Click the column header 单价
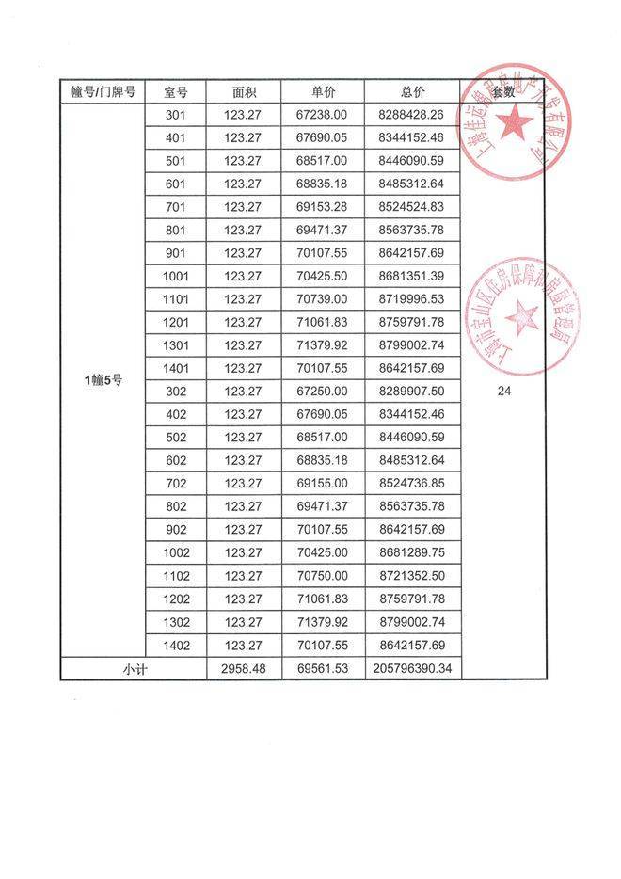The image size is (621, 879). pos(324,91)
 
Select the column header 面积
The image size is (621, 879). pos(245,91)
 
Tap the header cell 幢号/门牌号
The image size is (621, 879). pos(103,91)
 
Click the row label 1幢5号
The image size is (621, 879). pos(103,380)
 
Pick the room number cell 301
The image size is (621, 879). pos(175,114)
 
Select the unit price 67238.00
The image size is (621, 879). pos(322,114)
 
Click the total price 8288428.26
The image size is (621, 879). pos(411,114)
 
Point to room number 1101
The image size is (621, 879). pos(175,299)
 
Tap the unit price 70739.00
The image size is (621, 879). pos(322,299)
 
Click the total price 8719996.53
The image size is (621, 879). pos(411,299)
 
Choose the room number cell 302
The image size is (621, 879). pos(175,392)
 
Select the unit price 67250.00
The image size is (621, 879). pos(322,392)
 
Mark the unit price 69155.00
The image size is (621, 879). pos(322,484)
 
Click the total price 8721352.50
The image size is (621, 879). pos(411,576)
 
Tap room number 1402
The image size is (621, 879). pos(175,646)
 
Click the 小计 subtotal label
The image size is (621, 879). pos(133,669)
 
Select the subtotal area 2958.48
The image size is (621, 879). pos(245,669)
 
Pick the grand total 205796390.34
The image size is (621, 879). pos(411,669)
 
